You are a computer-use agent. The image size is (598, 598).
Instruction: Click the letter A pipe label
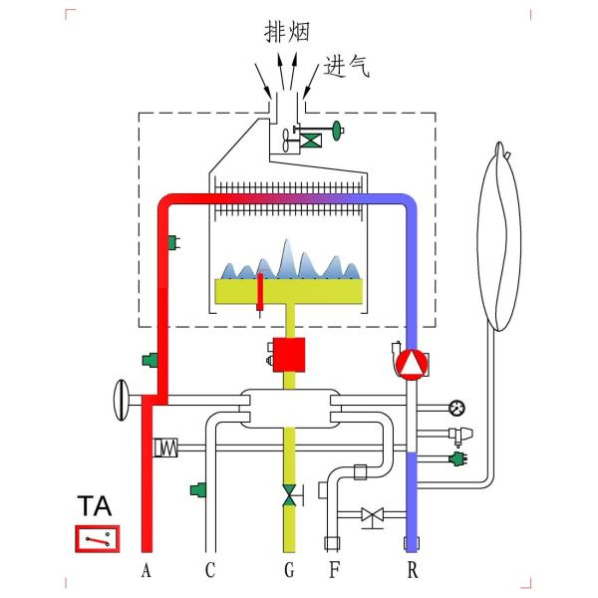tap(147, 571)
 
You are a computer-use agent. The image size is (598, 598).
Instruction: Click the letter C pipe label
tap(209, 571)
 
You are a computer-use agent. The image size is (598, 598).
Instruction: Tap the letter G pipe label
tap(289, 571)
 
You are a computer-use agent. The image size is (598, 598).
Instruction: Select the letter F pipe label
tap(334, 571)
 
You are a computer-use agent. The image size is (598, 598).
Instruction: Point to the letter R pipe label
tap(413, 571)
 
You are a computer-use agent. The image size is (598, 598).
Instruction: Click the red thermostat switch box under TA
tap(97, 539)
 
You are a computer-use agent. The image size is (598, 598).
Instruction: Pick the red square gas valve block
tap(289, 356)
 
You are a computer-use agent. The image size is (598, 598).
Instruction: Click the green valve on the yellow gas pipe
tap(289, 495)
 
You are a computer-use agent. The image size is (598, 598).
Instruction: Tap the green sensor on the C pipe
tap(198, 489)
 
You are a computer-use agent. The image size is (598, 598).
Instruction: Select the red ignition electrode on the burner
tap(259, 290)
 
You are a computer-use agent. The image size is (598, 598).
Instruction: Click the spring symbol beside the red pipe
tap(163, 448)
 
